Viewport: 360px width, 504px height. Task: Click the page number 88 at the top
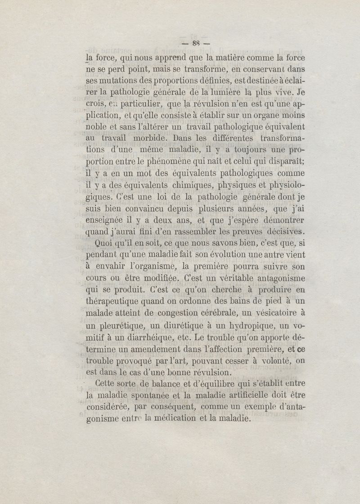coord(195,44)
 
